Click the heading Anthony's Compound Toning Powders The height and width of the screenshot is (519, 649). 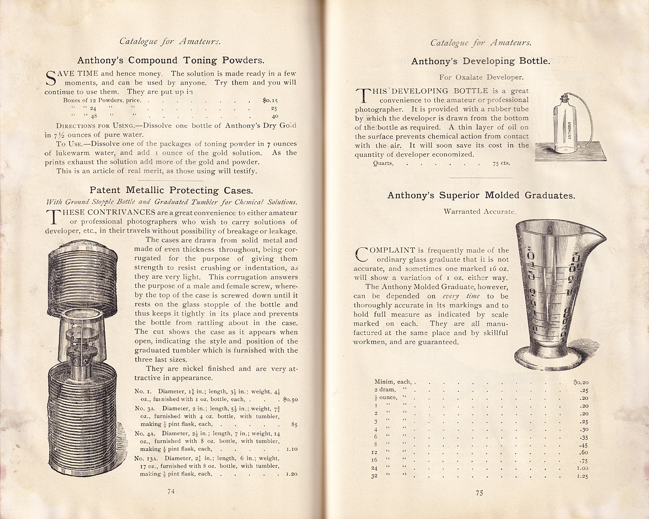170,60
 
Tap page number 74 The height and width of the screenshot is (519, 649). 171,491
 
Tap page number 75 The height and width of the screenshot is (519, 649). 479,493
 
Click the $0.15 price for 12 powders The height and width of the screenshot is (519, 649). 270,100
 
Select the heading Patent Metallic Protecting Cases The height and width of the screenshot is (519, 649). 171,190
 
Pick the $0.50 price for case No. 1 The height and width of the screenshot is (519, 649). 290,400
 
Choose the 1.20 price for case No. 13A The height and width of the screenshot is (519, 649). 292,474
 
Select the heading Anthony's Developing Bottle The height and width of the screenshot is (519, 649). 480,61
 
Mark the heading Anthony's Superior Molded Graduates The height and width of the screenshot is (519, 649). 481,195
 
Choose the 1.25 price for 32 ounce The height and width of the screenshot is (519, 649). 582,477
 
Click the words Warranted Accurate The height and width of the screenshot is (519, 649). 479,211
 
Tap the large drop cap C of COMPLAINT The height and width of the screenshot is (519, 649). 362,254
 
